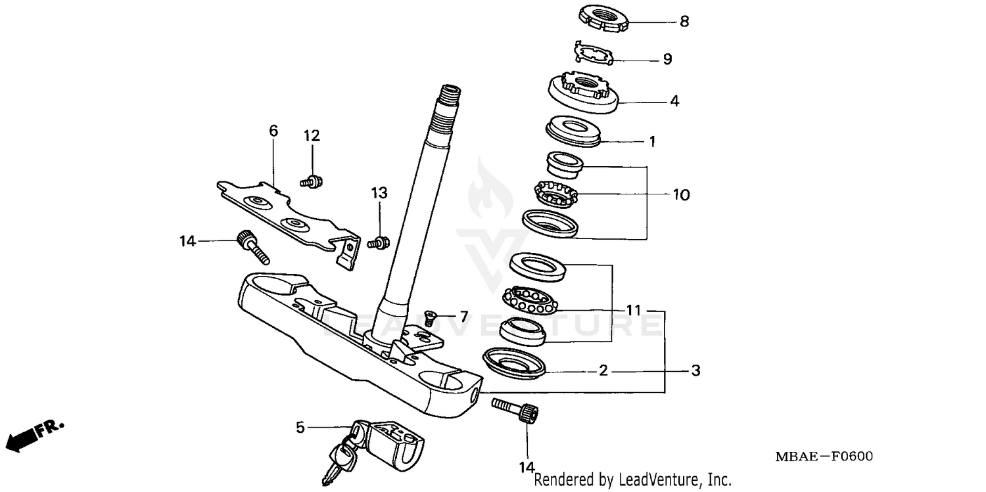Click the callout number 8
(684, 22)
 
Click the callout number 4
(674, 102)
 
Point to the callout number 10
(680, 195)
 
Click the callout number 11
(633, 310)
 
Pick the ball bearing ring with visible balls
(530, 300)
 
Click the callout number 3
(695, 371)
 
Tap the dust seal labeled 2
(514, 363)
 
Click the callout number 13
(379, 193)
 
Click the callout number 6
(273, 131)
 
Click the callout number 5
(300, 428)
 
